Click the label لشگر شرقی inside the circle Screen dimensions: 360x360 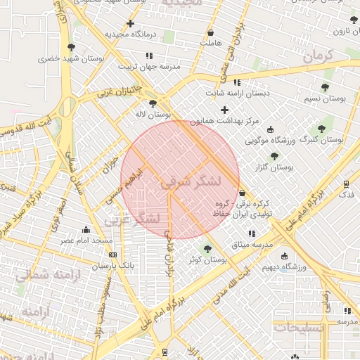click(x=191, y=182)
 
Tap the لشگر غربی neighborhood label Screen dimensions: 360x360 click(x=134, y=219)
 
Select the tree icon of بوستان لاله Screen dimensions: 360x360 click(x=153, y=103)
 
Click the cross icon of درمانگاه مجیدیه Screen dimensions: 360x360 click(x=130, y=24)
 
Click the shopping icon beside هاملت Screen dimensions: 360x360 click(x=211, y=33)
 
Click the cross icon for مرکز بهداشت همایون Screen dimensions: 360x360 click(x=224, y=110)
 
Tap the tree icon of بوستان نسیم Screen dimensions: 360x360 click(x=324, y=87)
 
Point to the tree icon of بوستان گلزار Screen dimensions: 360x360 click(x=274, y=156)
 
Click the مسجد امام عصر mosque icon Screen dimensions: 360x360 click(x=86, y=229)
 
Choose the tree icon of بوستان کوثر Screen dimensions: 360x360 click(x=207, y=248)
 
